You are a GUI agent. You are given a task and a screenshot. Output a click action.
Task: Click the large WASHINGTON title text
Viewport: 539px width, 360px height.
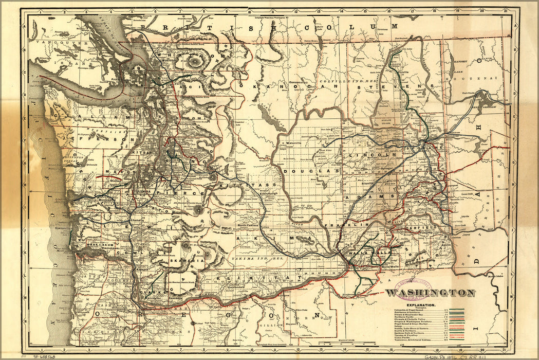(x=430, y=293)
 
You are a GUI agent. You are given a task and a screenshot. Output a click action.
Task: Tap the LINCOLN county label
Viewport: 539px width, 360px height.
(x=380, y=154)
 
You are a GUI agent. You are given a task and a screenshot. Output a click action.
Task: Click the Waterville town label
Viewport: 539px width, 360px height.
(x=293, y=143)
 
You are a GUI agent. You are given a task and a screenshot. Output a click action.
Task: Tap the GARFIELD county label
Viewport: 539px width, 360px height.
(x=421, y=227)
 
